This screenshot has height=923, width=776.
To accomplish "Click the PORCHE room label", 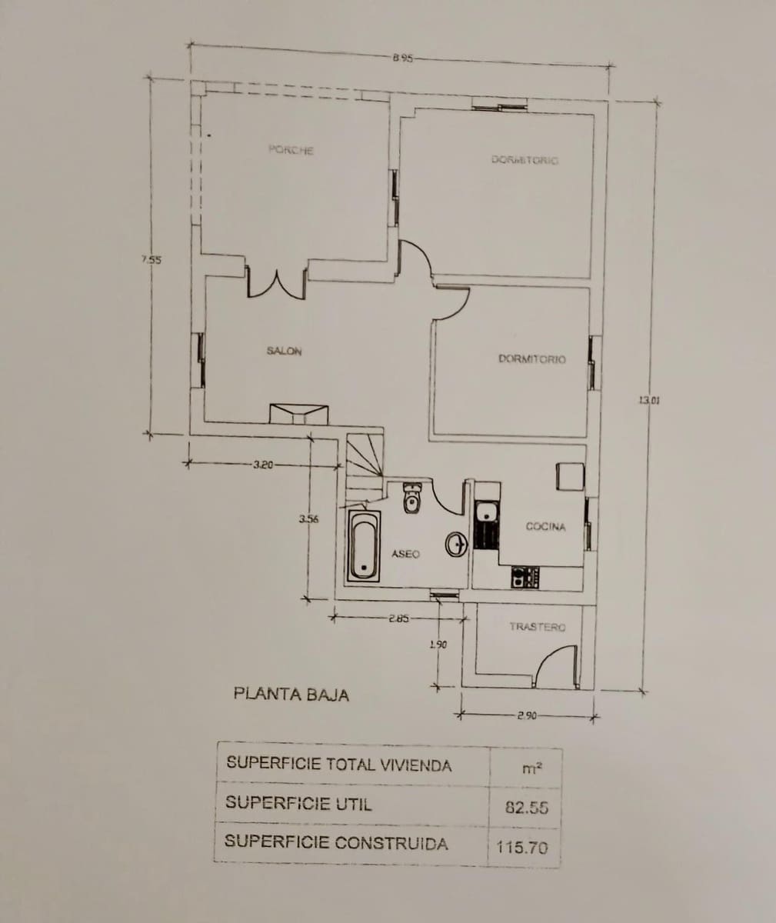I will pyautogui.click(x=291, y=150).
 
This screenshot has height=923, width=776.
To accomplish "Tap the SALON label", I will pyautogui.click(x=284, y=352).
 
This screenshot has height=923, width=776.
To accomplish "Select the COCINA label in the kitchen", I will pyautogui.click(x=545, y=527).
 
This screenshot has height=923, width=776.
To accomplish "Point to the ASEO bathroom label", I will pyautogui.click(x=405, y=554).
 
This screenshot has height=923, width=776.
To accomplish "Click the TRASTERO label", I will pyautogui.click(x=537, y=628).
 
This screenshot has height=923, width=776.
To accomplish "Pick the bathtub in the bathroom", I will pyautogui.click(x=364, y=545).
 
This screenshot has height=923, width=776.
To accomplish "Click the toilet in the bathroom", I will pyautogui.click(x=412, y=498).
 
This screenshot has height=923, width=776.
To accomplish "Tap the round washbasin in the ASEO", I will pyautogui.click(x=456, y=545).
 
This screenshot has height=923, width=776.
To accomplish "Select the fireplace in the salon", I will pyautogui.click(x=299, y=414).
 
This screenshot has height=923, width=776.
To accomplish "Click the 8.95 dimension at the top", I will pyautogui.click(x=402, y=57).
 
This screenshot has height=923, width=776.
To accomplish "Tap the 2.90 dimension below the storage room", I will pyautogui.click(x=527, y=716).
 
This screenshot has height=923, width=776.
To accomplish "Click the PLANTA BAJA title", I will pyautogui.click(x=291, y=695).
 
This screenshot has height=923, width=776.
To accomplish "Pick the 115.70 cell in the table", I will pyautogui.click(x=523, y=848).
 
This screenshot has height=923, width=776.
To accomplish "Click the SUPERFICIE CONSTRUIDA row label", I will pyautogui.click(x=336, y=842).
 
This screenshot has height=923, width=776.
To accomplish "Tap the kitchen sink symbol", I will pyautogui.click(x=485, y=513).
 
